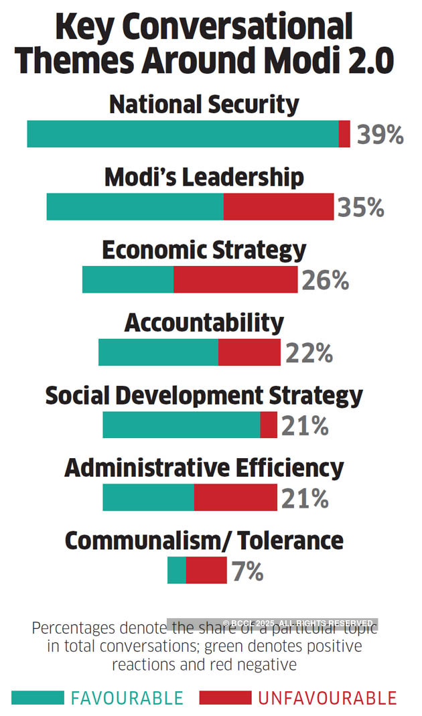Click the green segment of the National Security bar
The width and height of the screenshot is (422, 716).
coord(183,134)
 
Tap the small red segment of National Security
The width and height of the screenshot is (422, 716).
coord(344,134)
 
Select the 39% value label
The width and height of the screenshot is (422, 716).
coord(380,135)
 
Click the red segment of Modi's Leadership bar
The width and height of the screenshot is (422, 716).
coord(279,207)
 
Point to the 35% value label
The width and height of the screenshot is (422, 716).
coord(360,208)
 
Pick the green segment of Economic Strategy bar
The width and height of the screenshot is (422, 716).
coord(128,279)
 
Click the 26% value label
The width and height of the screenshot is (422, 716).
coord(326,281)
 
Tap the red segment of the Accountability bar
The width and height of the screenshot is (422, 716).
coord(249,352)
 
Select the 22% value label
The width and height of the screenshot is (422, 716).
coord(309,353)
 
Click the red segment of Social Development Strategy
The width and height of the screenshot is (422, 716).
coord(269,425)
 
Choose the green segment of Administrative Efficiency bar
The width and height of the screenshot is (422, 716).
coord(148,498)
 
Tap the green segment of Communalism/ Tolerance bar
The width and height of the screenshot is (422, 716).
coord(177,571)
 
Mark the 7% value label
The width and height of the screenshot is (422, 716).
coord(247,572)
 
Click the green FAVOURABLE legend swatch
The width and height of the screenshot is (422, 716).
coord(38,698)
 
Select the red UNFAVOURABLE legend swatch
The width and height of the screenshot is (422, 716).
coord(225,698)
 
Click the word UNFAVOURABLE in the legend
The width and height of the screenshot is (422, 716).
coord(328,698)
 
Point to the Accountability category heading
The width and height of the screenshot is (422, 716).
coord(204,323)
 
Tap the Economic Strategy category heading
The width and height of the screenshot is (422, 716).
coord(204,250)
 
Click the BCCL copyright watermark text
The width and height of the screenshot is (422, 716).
coord(297,623)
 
